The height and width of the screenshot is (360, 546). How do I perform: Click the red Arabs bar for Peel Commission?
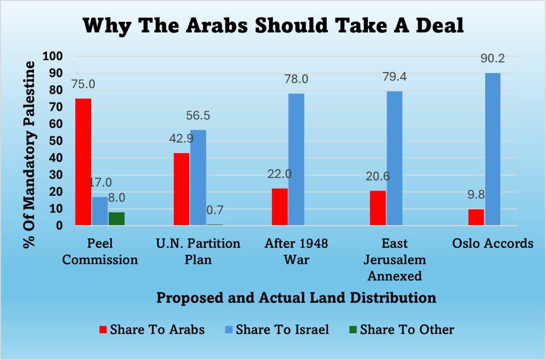(83, 162)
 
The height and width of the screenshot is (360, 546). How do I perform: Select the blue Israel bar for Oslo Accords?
(493, 149)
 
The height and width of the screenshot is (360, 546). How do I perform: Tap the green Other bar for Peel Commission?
(117, 219)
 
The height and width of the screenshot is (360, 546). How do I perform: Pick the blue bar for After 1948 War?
(296, 159)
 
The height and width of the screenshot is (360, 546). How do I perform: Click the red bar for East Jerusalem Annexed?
(378, 208)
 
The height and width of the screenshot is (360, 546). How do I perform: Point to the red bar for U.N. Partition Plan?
(182, 189)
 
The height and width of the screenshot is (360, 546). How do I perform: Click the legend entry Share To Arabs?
(151, 329)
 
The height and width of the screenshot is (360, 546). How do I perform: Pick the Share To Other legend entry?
(401, 329)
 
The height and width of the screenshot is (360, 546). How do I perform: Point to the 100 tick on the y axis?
(55, 56)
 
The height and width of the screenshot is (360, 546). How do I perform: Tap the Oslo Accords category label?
(492, 244)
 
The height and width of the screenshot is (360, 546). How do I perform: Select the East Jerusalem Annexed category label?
(395, 260)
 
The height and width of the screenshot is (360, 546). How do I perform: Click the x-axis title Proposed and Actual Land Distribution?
(296, 298)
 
